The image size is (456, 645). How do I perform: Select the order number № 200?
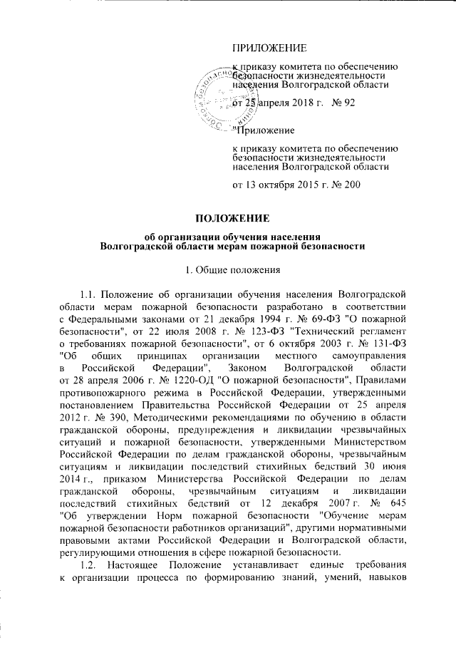coord(346,185)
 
